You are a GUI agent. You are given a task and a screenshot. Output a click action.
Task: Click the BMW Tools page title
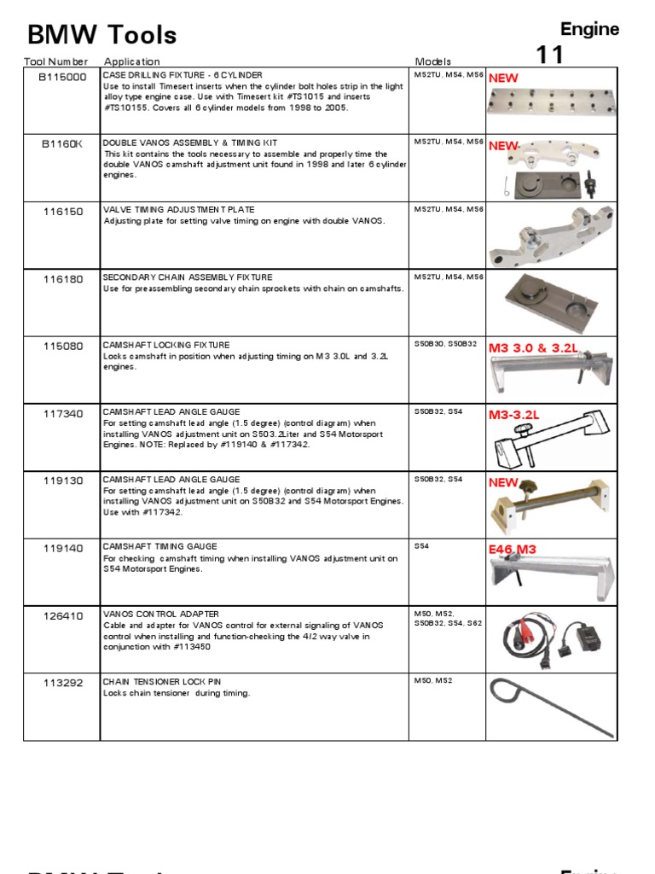coord(102,35)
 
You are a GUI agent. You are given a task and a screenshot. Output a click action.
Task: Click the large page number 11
coord(550,56)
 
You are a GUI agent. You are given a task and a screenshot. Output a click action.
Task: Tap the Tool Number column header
coord(56,61)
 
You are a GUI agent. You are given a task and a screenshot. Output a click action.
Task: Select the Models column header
coord(432,61)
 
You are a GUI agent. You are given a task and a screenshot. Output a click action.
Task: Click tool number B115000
coord(63,77)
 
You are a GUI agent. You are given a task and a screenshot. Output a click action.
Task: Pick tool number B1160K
coord(63,144)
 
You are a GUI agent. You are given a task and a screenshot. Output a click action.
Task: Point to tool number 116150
coord(63,212)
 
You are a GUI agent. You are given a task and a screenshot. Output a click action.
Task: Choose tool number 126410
coord(63,615)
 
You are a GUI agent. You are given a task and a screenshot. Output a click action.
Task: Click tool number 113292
coord(63,683)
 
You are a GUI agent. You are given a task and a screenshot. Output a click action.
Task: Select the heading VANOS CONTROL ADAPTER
coord(160,614)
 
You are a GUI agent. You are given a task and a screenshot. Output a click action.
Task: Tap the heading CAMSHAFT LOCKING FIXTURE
coord(165,345)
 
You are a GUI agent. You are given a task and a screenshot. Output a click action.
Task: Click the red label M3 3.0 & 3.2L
coord(533,348)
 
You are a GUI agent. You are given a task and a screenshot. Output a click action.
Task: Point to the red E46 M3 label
coord(512,550)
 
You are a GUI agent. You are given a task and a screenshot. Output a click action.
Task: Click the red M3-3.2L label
coord(514,415)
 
